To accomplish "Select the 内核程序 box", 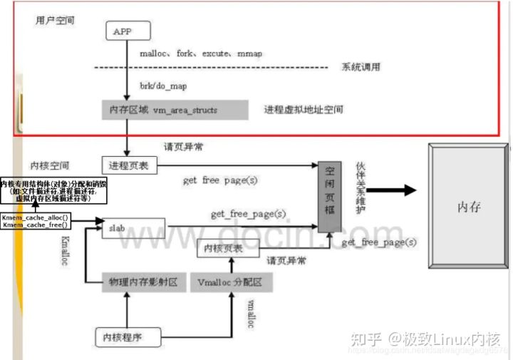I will [121, 336].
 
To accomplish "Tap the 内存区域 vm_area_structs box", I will [174, 110].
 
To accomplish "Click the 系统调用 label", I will [361, 68].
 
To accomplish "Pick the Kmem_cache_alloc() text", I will [36, 216].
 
